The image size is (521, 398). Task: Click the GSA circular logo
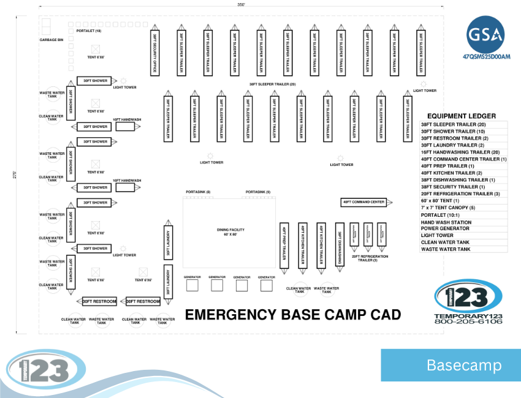pyautogui.click(x=486, y=35)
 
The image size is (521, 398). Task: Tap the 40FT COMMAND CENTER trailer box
pyautogui.click(x=363, y=202)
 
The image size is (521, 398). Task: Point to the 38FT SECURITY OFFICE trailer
pyautogui.click(x=154, y=51)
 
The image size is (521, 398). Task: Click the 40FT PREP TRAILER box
pyautogui.click(x=284, y=244)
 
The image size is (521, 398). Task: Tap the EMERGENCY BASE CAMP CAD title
pyautogui.click(x=293, y=315)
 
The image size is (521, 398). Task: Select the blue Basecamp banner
pyautogui.click(x=450, y=366)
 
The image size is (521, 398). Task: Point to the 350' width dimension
pyautogui.click(x=241, y=4)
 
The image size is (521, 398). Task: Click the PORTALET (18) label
pyautogui.click(x=89, y=30)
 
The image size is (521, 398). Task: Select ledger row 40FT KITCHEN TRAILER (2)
pyautogui.click(x=451, y=173)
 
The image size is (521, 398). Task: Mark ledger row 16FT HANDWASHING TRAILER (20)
pyautogui.click(x=459, y=152)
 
